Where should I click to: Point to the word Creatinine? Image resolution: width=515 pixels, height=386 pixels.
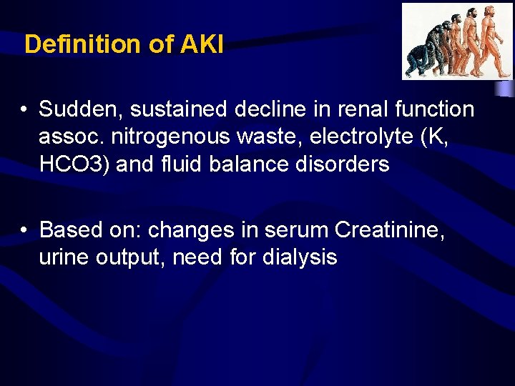[389, 229]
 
